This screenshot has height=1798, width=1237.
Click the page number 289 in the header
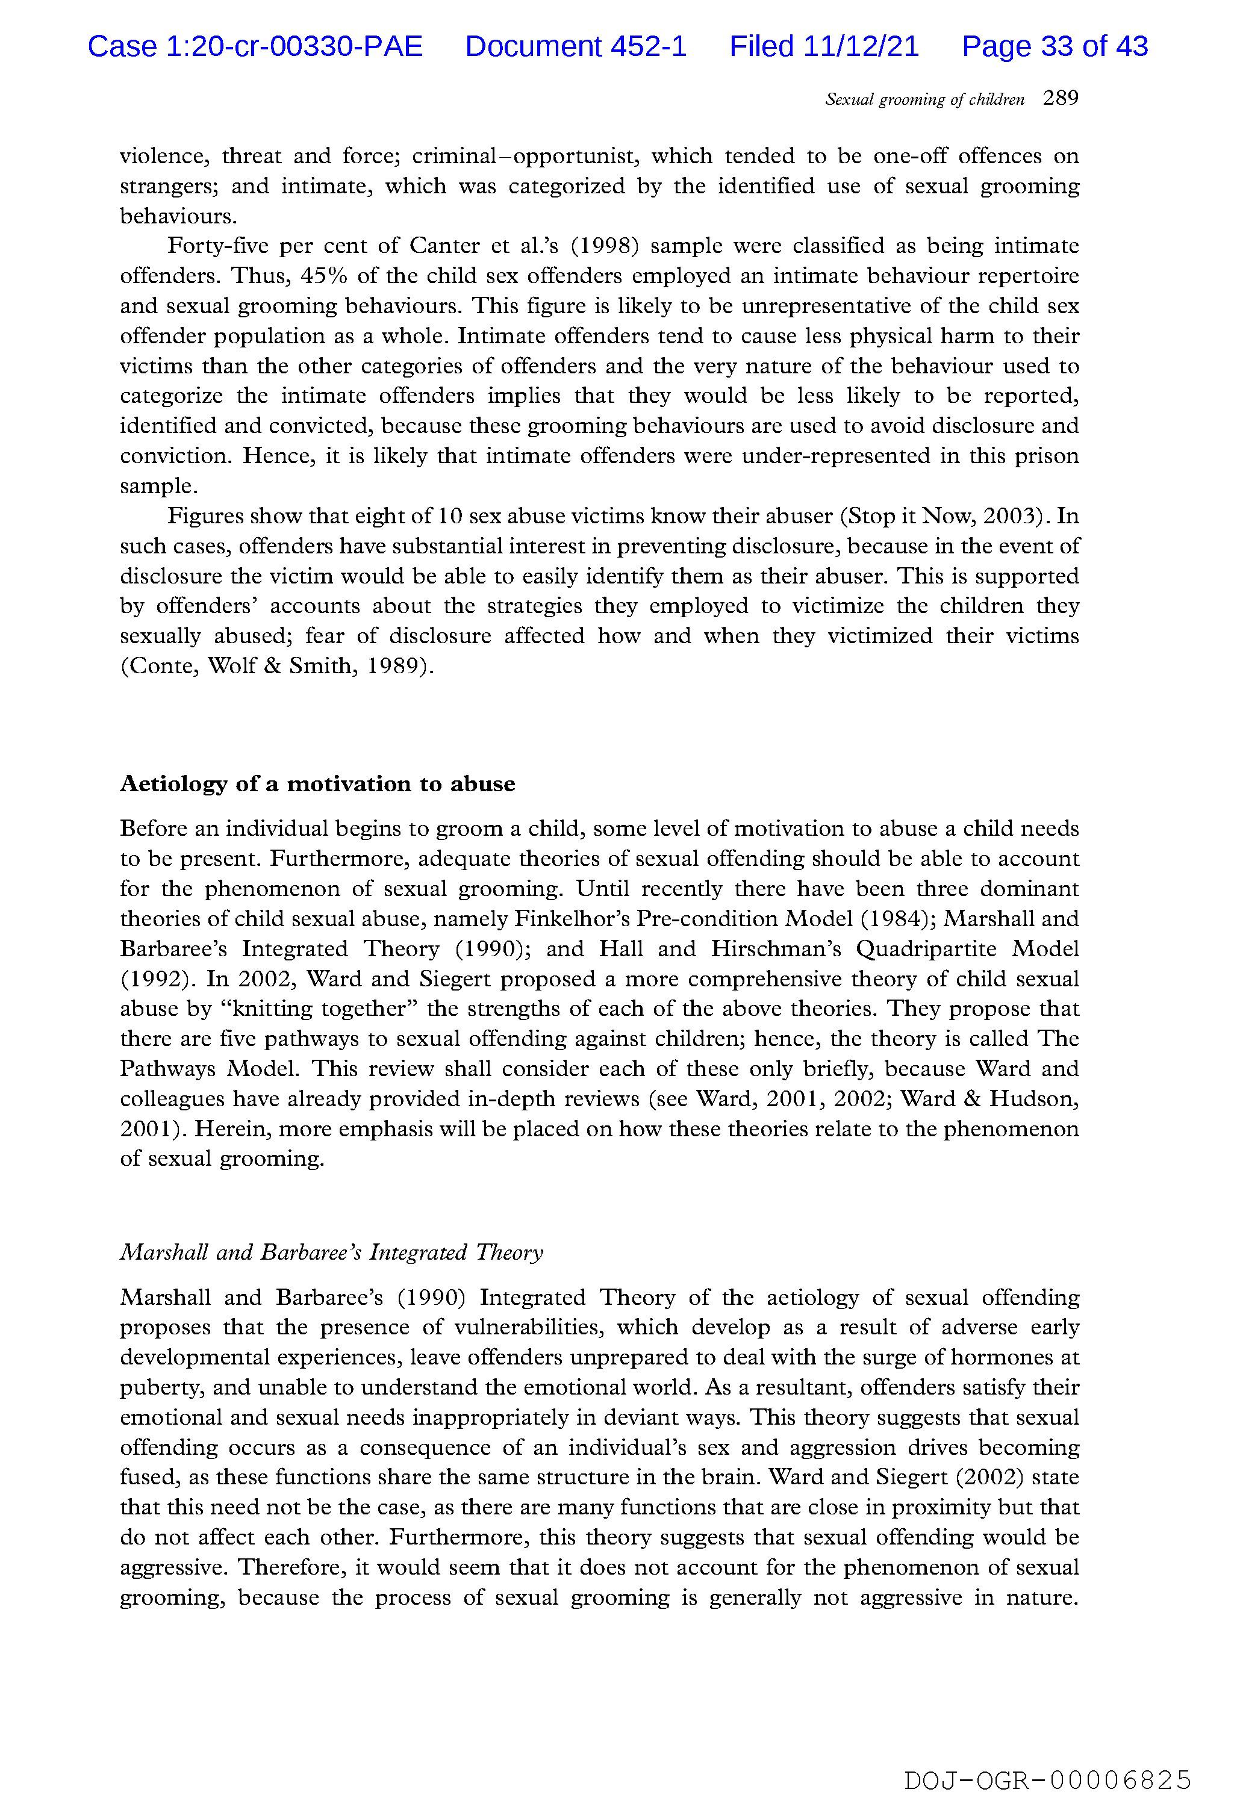pos(1061,98)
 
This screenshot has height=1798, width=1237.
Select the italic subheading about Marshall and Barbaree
pos(331,1253)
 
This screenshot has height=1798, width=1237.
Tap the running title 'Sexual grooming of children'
pos(924,100)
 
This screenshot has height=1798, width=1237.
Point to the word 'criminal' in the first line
pos(453,157)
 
